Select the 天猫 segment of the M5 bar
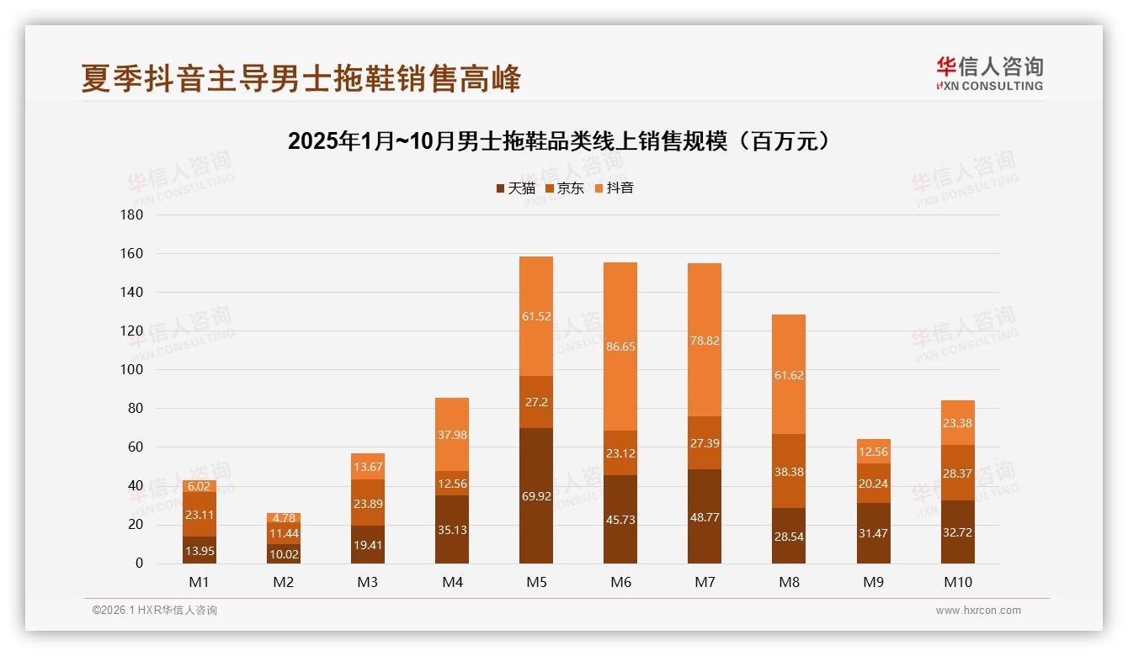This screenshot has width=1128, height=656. coord(536,496)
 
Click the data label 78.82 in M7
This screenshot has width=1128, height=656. coord(705,341)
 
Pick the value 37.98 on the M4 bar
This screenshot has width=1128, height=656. coord(452,435)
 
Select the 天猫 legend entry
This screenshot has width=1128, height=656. coord(516,188)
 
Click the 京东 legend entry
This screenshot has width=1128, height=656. coord(565,188)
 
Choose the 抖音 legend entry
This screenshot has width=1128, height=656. coord(615,188)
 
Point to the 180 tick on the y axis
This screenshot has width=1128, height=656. coord(133,215)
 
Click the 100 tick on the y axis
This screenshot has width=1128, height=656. coord(133,370)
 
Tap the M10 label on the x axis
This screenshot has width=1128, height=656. coord(957,582)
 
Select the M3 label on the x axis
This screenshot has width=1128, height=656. coord(368,582)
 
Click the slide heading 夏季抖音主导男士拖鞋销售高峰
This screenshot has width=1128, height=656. coord(301,78)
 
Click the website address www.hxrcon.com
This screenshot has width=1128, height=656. coord(978,611)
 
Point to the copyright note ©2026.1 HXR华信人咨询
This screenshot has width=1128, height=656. coord(155,611)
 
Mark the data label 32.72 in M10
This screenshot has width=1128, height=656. coord(957,533)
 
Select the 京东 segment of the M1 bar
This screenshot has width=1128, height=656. coord(200,515)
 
